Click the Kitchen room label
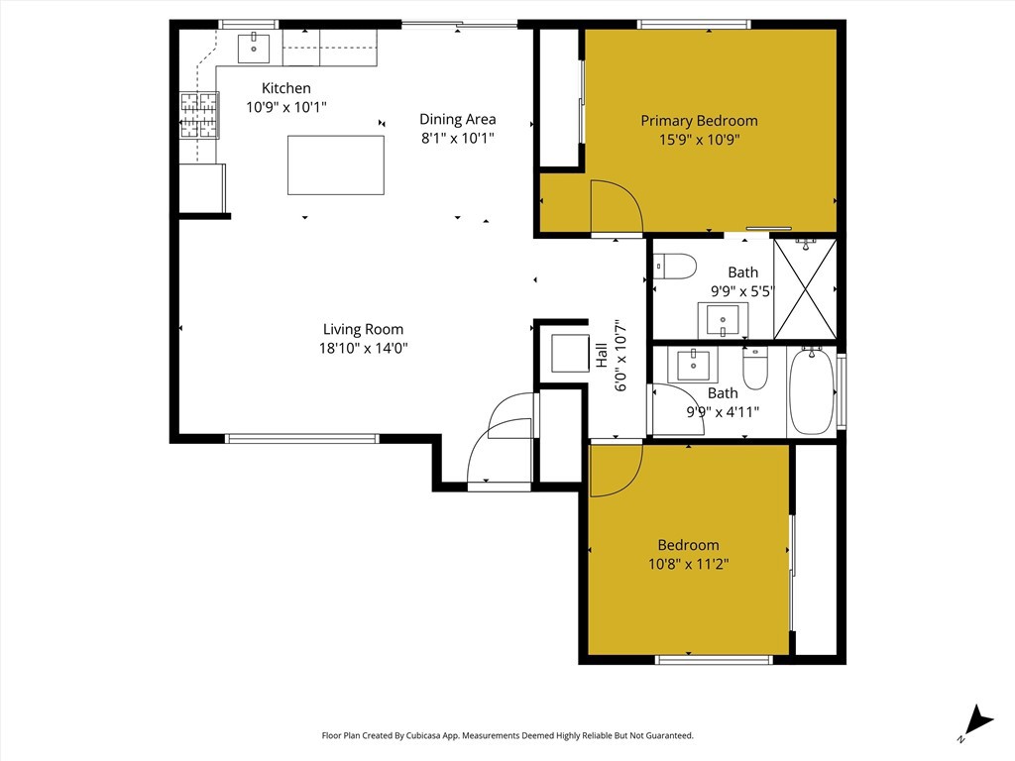(x=286, y=88)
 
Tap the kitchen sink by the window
(x=254, y=48)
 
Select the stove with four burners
(x=198, y=115)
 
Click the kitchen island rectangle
(x=335, y=165)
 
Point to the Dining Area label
(x=458, y=119)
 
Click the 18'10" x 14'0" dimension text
(x=363, y=348)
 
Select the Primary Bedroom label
(x=699, y=121)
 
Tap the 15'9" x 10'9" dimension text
(x=699, y=140)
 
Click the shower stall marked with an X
(x=805, y=289)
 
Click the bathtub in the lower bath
(x=812, y=390)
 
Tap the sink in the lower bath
(x=693, y=366)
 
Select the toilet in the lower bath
(x=754, y=368)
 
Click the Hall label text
(x=602, y=356)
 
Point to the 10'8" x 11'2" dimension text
(x=689, y=564)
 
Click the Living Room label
(x=363, y=329)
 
